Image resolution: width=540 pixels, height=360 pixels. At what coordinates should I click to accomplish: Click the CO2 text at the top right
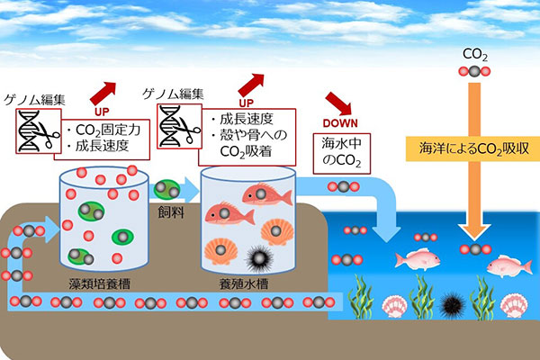[474, 56]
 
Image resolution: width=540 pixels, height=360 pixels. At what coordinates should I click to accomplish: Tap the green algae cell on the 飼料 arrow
[166, 190]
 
